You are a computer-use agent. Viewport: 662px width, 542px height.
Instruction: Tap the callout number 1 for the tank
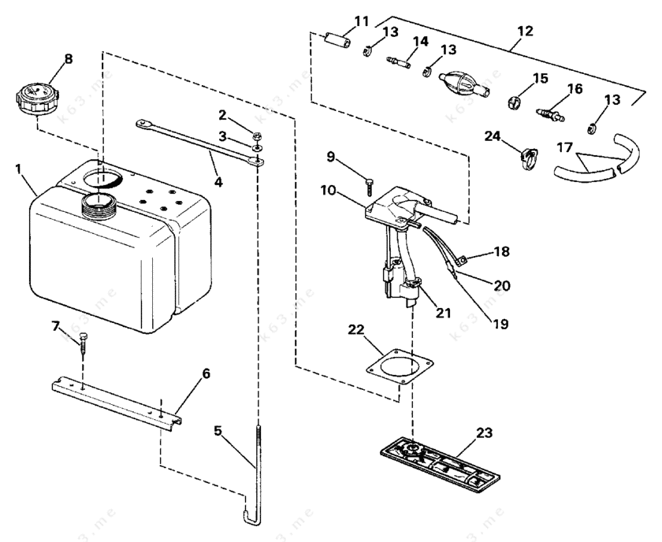(x=17, y=169)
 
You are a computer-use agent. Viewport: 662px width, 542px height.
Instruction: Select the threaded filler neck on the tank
(x=98, y=206)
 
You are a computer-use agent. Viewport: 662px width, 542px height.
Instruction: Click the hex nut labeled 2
(x=256, y=135)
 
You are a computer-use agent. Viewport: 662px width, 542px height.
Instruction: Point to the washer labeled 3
(x=257, y=148)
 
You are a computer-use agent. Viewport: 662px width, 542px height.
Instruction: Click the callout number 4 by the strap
(x=218, y=181)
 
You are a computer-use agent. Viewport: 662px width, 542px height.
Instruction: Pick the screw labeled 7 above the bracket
(x=83, y=344)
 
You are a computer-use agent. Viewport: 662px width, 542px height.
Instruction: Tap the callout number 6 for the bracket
(x=206, y=373)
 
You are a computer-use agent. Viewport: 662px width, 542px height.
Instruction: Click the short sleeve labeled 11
(x=337, y=42)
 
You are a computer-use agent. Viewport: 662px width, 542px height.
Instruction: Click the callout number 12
(x=525, y=32)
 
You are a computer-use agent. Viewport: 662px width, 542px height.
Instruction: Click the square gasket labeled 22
(x=400, y=367)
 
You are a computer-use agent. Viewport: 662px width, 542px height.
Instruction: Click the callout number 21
(x=443, y=313)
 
